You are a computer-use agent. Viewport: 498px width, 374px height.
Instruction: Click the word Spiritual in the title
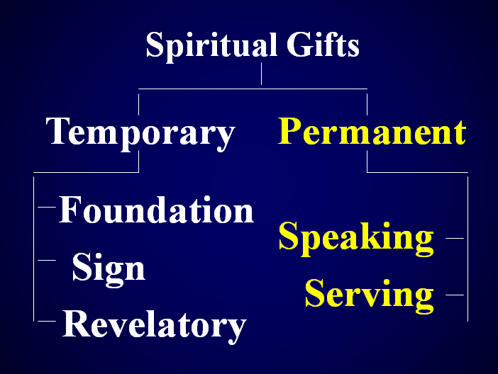[212, 46]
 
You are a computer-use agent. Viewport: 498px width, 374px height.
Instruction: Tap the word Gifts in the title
[323, 45]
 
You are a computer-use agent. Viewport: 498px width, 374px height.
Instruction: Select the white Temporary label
[140, 133]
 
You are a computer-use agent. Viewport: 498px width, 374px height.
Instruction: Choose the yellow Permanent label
[372, 131]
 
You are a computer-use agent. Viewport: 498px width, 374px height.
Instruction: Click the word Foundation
[156, 210]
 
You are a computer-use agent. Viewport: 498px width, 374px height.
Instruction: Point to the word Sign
[109, 270]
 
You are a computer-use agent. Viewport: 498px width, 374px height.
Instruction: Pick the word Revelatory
[155, 326]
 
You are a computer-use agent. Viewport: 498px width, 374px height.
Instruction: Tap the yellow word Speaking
[356, 239]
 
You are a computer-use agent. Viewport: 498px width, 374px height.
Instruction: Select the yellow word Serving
[369, 295]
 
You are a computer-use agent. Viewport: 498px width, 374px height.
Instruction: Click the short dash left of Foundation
[47, 207]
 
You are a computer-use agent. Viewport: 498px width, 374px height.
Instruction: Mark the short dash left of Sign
[47, 261]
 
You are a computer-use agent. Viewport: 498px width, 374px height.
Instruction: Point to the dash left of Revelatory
[47, 322]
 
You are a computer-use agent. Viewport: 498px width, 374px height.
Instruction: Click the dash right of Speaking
[455, 238]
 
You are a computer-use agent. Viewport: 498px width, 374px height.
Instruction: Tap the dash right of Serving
[455, 295]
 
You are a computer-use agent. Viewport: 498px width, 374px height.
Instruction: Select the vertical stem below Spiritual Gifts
[261, 74]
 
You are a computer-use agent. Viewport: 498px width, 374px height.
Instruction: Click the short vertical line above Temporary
[139, 104]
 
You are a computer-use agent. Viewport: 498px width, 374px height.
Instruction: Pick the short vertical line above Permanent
[367, 104]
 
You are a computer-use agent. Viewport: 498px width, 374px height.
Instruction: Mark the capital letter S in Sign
[81, 267]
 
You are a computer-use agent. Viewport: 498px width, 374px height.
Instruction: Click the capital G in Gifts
[299, 45]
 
